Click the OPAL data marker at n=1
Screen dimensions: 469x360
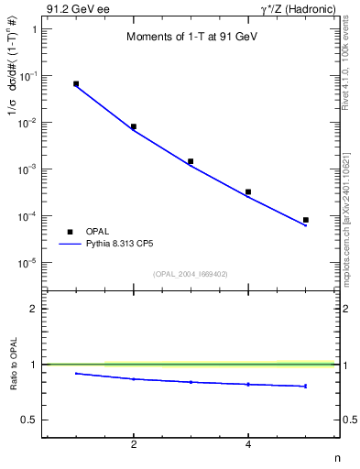pos(76,83)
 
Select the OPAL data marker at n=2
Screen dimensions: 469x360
pos(134,126)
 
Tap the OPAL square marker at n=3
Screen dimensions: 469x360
pos(191,161)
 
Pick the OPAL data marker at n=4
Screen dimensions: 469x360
pos(248,191)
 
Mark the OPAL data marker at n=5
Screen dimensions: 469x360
pos(306,220)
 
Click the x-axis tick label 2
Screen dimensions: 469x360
pos(134,444)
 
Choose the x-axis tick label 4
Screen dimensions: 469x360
pos(248,444)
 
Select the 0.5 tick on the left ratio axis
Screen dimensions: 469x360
pos(30,420)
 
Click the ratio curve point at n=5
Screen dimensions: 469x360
pos(306,386)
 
